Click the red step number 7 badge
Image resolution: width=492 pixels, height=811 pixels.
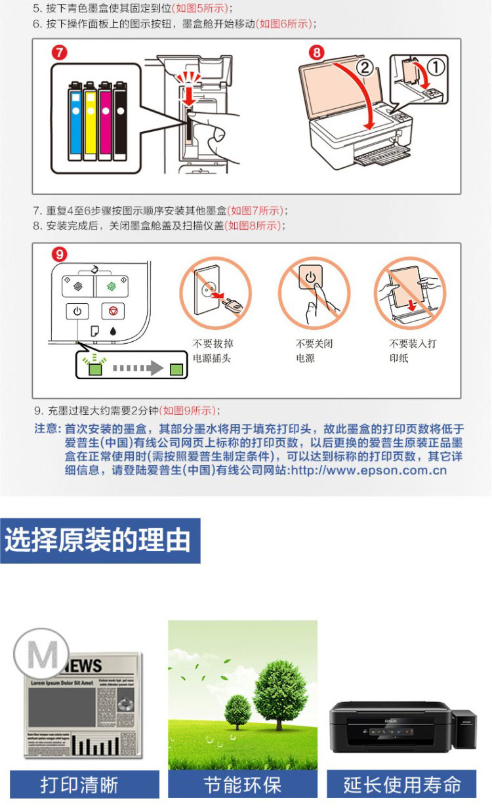pyautogui.click(x=60, y=53)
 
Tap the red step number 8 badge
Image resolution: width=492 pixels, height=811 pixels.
pyautogui.click(x=316, y=53)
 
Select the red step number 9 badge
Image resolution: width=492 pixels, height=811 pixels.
pyautogui.click(x=60, y=254)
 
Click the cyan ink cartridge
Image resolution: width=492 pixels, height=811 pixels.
pyautogui.click(x=75, y=121)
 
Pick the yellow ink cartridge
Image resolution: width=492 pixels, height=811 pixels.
pyautogui.click(x=90, y=121)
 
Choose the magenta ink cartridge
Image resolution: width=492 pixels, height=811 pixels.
pyautogui.click(x=105, y=121)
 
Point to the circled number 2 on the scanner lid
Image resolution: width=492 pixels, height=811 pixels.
pyautogui.click(x=365, y=68)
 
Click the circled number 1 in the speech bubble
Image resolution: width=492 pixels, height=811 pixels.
pyautogui.click(x=436, y=68)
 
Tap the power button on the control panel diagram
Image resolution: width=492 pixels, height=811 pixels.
pyautogui.click(x=77, y=312)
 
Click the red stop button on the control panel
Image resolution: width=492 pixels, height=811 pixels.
pyautogui.click(x=113, y=311)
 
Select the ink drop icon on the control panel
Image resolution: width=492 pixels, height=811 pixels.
pyautogui.click(x=113, y=331)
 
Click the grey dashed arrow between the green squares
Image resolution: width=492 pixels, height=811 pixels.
pyautogui.click(x=138, y=368)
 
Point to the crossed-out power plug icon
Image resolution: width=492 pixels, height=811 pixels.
pyautogui.click(x=215, y=293)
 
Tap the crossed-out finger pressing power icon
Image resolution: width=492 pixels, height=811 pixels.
pyautogui.click(x=314, y=293)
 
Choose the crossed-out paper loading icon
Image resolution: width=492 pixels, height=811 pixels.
pyautogui.click(x=410, y=293)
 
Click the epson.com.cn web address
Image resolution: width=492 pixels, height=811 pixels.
pyautogui.click(x=369, y=470)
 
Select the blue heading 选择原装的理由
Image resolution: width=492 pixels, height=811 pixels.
pyautogui.click(x=100, y=540)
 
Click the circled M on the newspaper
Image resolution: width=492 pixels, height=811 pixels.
pyautogui.click(x=41, y=654)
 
